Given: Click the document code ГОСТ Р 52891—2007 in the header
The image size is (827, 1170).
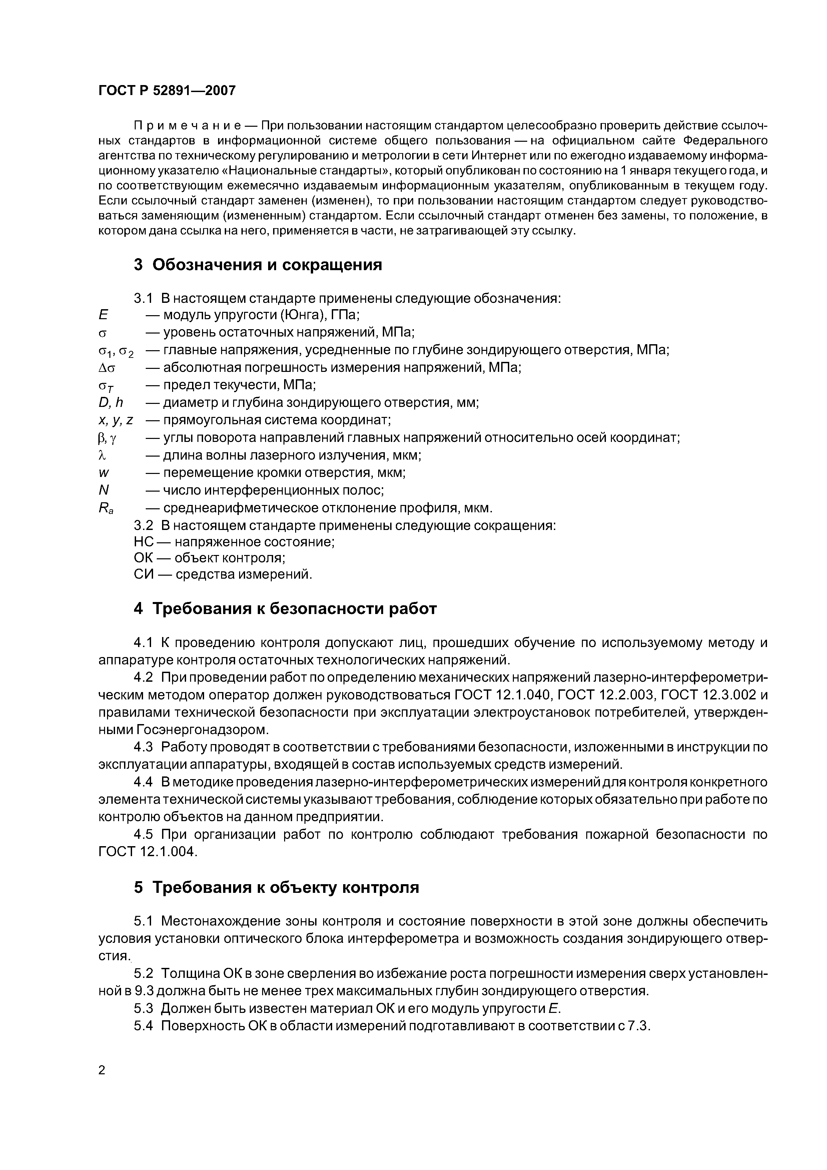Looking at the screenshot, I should [167, 91].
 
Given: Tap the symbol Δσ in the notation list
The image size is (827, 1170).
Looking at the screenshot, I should [107, 368].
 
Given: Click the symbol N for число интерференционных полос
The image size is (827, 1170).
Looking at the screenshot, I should [104, 490].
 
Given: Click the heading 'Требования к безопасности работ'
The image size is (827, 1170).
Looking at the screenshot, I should [294, 609].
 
